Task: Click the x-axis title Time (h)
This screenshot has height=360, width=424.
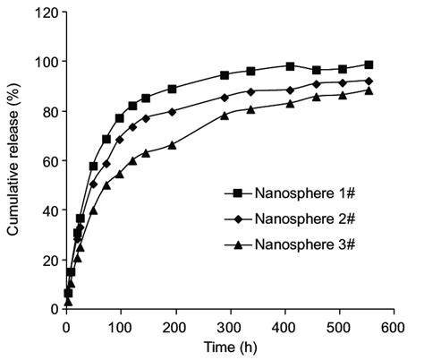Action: [x=227, y=347]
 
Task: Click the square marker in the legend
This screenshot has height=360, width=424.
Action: [x=237, y=193]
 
